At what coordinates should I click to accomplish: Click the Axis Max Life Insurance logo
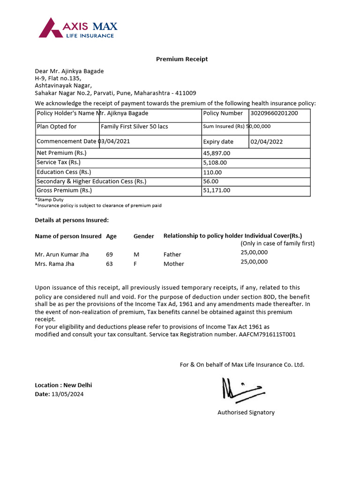click(x=78, y=28)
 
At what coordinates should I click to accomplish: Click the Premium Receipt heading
click(x=181, y=59)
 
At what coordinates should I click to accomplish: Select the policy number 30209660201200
click(x=274, y=113)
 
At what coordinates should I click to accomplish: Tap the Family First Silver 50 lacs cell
click(x=134, y=127)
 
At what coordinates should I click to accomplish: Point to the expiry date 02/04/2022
click(x=266, y=142)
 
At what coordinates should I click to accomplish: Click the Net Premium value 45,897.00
click(x=217, y=153)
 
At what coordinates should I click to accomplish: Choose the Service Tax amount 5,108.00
click(x=215, y=163)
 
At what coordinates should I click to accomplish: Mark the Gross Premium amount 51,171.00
click(x=217, y=190)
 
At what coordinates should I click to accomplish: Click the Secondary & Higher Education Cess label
click(x=91, y=181)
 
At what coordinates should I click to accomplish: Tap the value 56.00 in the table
click(x=210, y=181)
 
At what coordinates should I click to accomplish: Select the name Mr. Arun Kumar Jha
click(x=61, y=255)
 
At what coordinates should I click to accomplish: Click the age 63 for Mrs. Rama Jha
click(x=109, y=264)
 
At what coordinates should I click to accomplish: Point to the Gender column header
click(x=143, y=236)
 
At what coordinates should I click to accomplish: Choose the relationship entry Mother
click(x=173, y=264)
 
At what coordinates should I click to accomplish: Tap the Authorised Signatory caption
click(x=246, y=412)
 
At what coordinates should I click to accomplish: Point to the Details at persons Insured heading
click(x=71, y=220)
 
